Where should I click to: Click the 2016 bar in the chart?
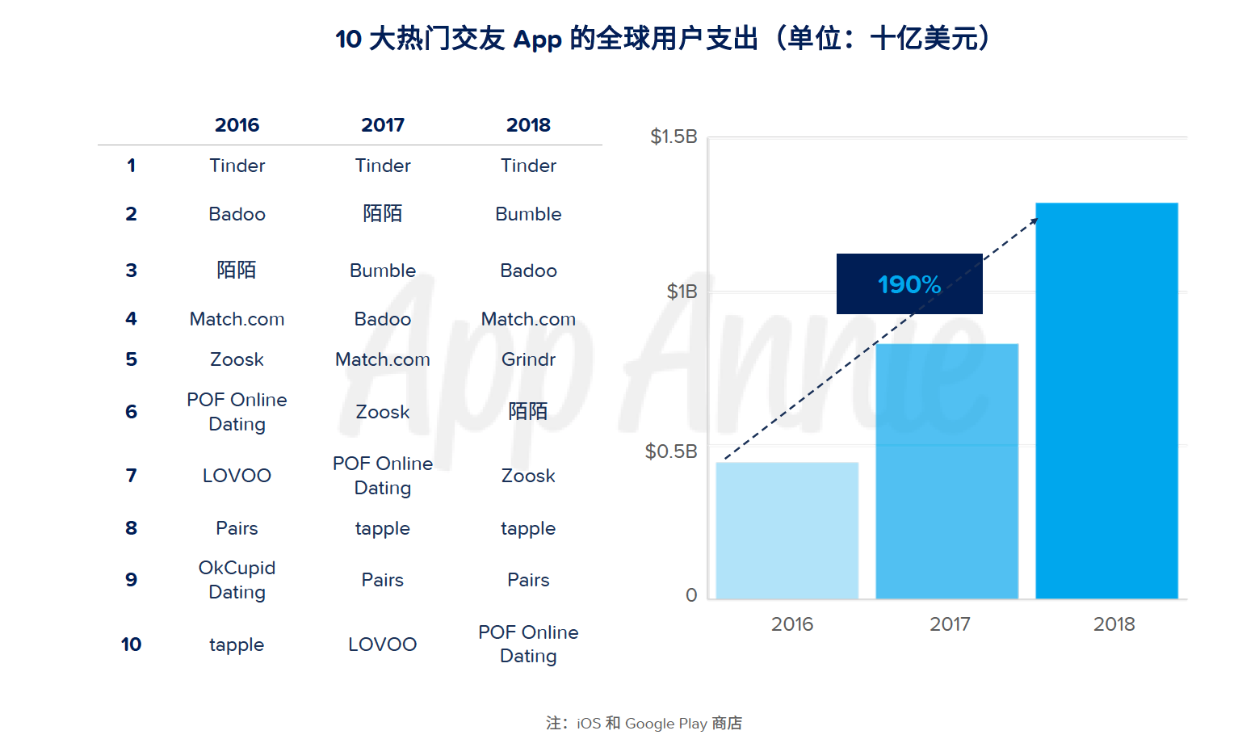787,530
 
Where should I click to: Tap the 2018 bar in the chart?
1106,401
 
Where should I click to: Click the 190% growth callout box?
909,284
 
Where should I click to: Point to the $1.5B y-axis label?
674,136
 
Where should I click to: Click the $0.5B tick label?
671,451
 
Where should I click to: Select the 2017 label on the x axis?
950,624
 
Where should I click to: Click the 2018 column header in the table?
528,125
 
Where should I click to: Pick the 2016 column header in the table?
237,125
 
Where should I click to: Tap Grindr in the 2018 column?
528,359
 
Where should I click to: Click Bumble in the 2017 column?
383,271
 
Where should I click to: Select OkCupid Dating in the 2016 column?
237,580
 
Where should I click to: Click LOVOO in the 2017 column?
383,645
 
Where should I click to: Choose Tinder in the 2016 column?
237,166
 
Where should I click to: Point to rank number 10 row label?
131,645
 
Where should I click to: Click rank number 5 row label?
131,359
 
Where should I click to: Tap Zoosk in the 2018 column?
528,476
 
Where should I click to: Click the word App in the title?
537,39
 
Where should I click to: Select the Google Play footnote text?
665,724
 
